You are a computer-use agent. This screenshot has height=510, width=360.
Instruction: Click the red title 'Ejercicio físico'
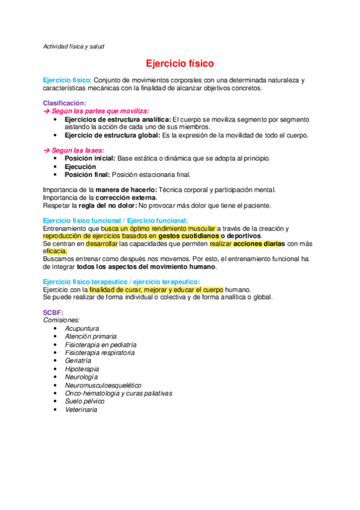coord(180,63)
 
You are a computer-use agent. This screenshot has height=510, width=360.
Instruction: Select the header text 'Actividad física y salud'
coord(75,46)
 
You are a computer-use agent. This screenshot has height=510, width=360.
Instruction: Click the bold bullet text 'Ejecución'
coord(81,167)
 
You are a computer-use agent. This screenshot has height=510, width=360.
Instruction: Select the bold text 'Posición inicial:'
coord(90,158)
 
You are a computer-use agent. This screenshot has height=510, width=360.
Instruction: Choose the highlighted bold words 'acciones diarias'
coord(260,244)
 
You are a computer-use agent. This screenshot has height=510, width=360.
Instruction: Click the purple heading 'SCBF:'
coord(53,313)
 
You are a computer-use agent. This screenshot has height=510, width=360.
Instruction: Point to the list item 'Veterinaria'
coord(81,410)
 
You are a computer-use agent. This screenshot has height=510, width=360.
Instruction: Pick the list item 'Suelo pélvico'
coord(85,401)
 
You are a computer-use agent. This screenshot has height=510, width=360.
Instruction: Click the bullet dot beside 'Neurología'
coord(55,377)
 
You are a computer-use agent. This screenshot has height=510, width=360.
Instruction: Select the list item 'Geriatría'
coord(78,361)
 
